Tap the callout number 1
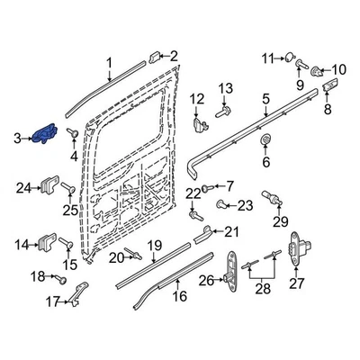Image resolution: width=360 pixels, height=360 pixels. pyautogui.click(x=109, y=62)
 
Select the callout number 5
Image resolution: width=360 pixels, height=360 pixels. pyautogui.click(x=265, y=99)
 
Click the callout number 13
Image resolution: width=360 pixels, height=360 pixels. pyautogui.click(x=227, y=88)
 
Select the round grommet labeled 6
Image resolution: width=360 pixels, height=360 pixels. pyautogui.click(x=265, y=142)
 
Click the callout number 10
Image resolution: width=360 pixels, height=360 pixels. pyautogui.click(x=338, y=69)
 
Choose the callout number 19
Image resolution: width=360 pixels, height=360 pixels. pyautogui.click(x=154, y=245)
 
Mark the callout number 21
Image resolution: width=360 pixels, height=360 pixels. pyautogui.click(x=231, y=232)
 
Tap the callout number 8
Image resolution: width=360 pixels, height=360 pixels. pyautogui.click(x=327, y=109)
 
